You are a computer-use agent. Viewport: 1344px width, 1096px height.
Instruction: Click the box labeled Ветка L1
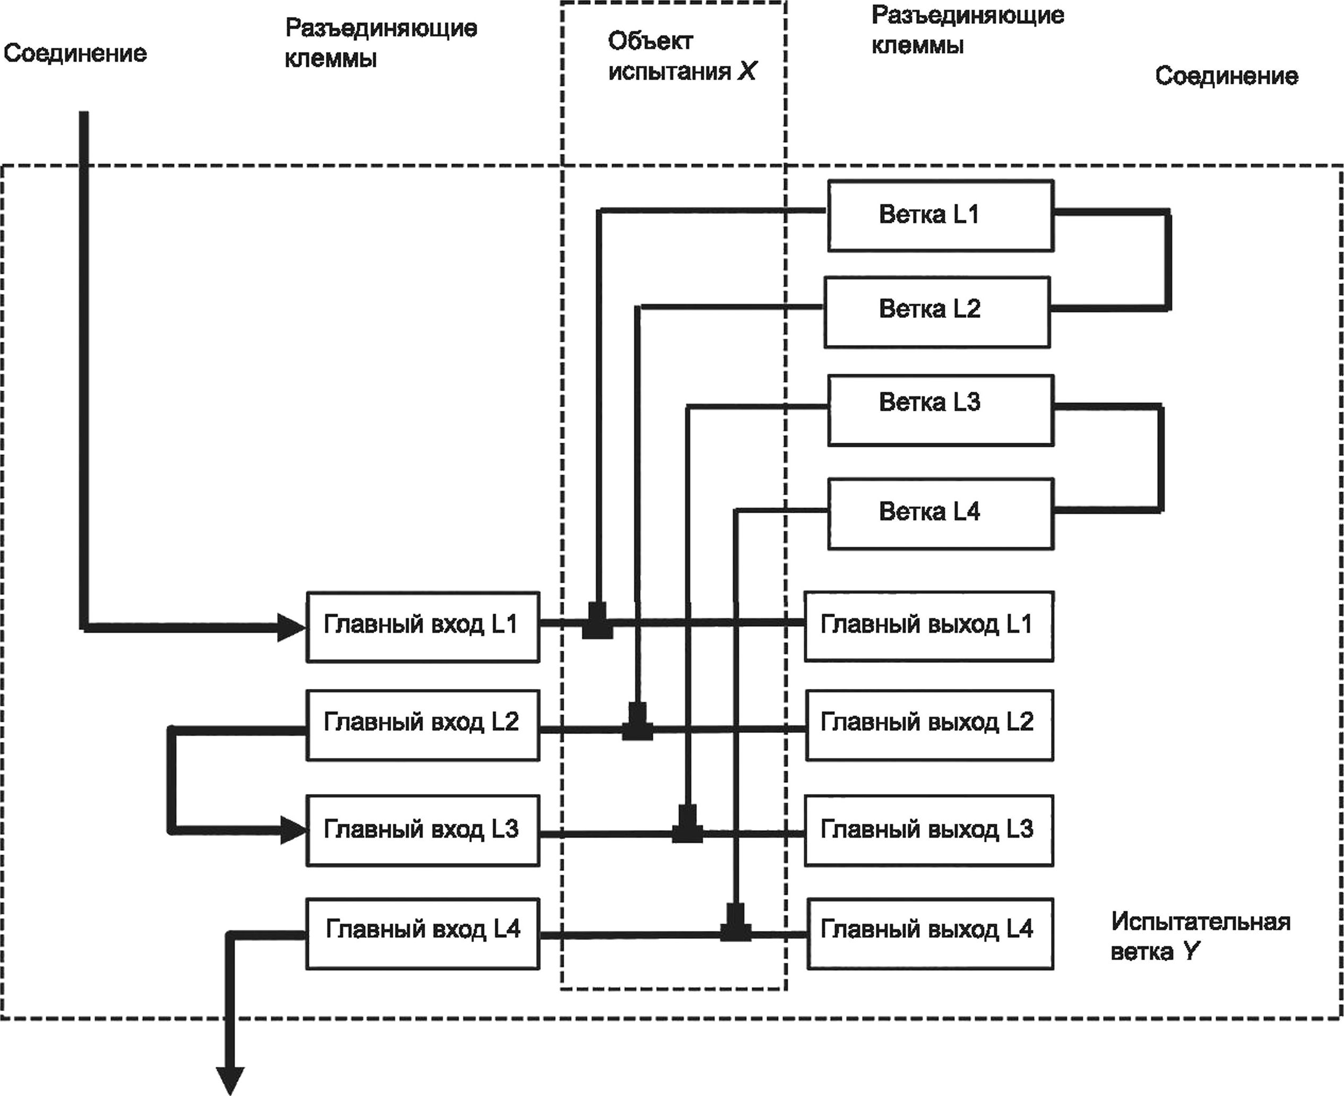[941, 216]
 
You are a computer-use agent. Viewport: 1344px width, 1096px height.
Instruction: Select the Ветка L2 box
[937, 312]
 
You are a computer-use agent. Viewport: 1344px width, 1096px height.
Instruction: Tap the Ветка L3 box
[941, 410]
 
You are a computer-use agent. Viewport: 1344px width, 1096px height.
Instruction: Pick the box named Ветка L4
[941, 514]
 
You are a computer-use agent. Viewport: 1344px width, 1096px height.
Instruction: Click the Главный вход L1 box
[423, 627]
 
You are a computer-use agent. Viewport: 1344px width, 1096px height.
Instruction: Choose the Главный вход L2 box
[423, 725]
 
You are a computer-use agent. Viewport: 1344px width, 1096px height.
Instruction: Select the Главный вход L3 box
[423, 830]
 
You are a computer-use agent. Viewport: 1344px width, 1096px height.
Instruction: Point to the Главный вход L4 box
[423, 934]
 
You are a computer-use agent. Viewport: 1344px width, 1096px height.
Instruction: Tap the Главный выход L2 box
[930, 725]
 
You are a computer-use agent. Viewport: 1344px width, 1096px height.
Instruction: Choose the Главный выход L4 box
[931, 934]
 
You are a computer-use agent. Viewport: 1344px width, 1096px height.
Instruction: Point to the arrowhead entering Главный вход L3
[294, 830]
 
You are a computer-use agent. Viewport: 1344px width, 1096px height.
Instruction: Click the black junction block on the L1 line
[597, 620]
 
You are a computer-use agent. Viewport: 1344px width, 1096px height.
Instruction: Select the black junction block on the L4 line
[736, 922]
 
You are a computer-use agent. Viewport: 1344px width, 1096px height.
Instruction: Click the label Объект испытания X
[682, 56]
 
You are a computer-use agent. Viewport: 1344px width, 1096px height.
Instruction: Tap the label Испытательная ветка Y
[1201, 936]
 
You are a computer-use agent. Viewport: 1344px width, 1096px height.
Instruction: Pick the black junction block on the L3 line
[687, 824]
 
